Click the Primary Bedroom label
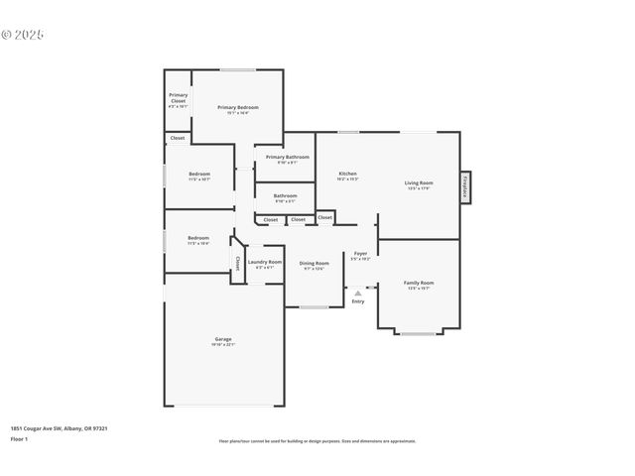[x=238, y=107]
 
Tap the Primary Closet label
[x=178, y=98]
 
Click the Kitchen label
[x=347, y=174]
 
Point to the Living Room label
[x=418, y=182]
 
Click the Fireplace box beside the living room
[x=464, y=187]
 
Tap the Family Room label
[x=418, y=283]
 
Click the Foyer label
[x=361, y=253]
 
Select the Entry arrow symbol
[x=357, y=294]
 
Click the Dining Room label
[x=315, y=263]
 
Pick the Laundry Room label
[x=265, y=262]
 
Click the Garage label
[x=222, y=339]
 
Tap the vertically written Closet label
[x=238, y=264]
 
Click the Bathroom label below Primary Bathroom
[x=285, y=195]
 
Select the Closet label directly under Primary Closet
[x=177, y=138]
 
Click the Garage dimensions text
[x=222, y=345]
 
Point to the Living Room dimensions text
[x=418, y=188]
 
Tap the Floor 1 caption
[x=19, y=438]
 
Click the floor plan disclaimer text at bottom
[x=317, y=441]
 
